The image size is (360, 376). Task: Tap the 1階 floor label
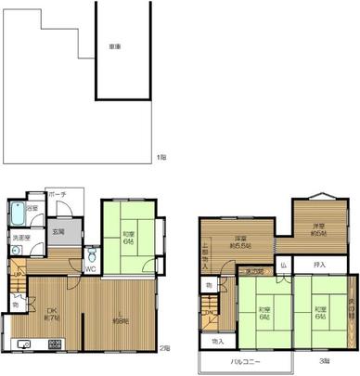pyautogui.click(x=161, y=157)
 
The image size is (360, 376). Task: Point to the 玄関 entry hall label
pyautogui.click(x=58, y=231)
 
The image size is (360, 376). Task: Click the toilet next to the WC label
pyautogui.click(x=91, y=255)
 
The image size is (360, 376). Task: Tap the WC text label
pyautogui.click(x=91, y=270)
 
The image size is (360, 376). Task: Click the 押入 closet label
pyautogui.click(x=319, y=266)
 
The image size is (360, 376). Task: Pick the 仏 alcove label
pyautogui.click(x=283, y=266)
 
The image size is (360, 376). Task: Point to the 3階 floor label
pyautogui.click(x=323, y=359)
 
